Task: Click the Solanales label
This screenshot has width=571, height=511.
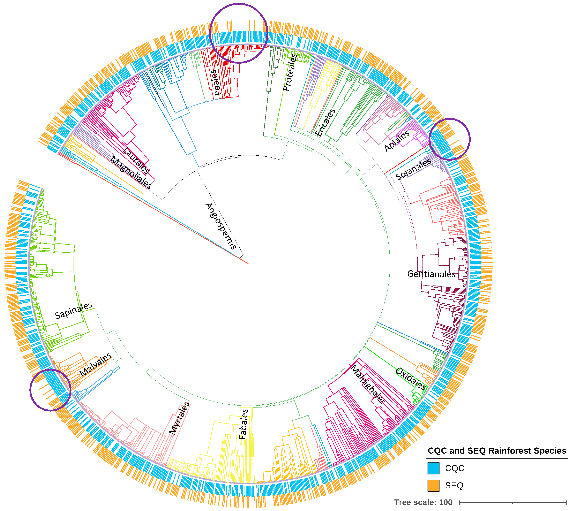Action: point(413,169)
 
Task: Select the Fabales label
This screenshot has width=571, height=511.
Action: point(243,424)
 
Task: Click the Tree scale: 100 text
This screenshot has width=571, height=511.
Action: point(423,502)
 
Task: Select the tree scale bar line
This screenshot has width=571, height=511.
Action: point(513,502)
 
